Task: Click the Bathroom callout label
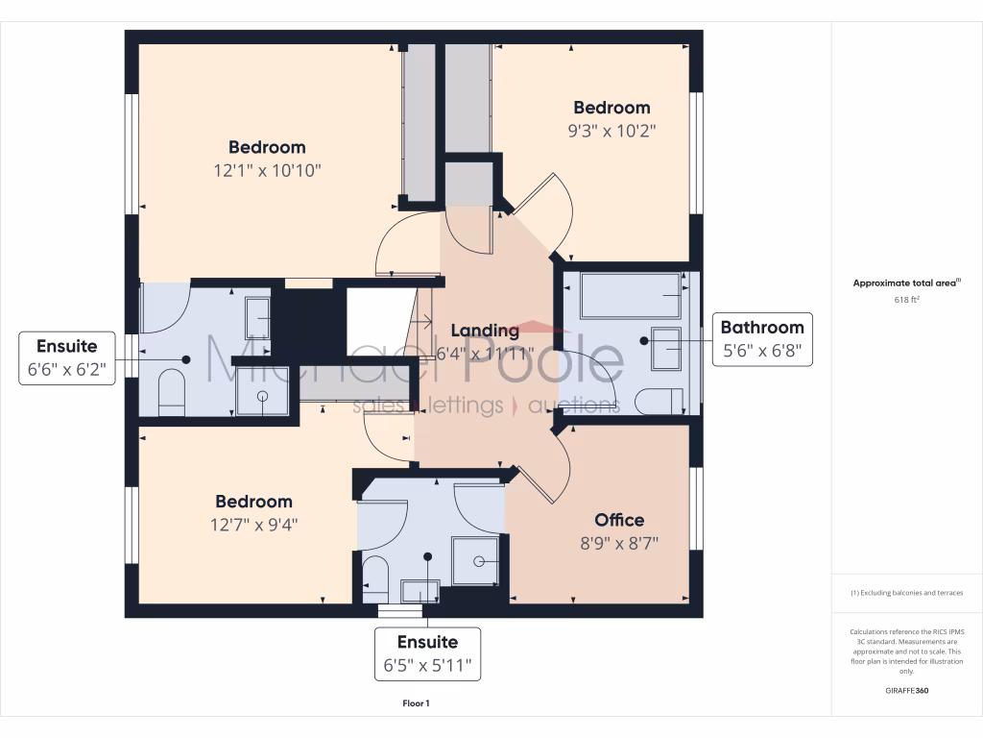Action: click(762, 338)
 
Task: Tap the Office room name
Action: click(619, 520)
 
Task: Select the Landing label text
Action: click(485, 331)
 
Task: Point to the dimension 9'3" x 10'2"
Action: click(611, 131)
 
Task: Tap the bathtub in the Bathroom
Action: click(630, 295)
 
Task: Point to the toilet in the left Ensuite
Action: click(170, 394)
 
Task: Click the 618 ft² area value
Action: click(906, 300)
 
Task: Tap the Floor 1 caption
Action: click(416, 704)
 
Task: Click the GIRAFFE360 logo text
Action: click(906, 690)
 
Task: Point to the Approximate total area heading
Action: click(905, 283)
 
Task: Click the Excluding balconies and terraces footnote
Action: click(906, 593)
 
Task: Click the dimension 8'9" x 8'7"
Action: click(619, 543)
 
